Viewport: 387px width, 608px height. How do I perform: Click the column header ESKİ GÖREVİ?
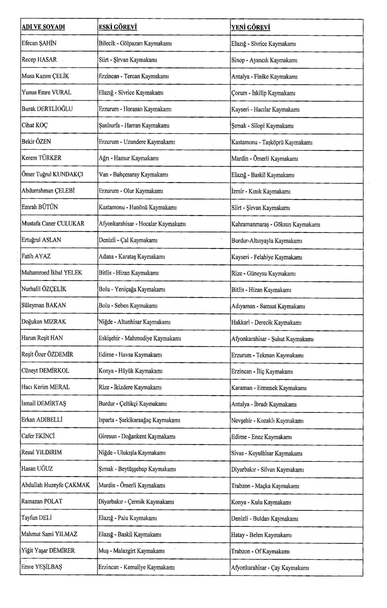(118, 27)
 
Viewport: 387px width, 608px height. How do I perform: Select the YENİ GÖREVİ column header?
(250, 27)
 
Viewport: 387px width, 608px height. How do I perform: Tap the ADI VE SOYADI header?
(43, 27)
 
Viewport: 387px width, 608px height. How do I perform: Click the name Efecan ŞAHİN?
(39, 43)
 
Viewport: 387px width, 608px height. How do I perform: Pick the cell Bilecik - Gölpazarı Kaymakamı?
(135, 44)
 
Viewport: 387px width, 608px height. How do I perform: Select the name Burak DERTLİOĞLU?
(47, 109)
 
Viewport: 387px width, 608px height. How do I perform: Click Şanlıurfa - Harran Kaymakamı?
(134, 126)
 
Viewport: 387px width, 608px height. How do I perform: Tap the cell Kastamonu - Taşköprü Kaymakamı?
(272, 142)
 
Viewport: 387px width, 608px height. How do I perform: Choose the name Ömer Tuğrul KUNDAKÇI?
(52, 174)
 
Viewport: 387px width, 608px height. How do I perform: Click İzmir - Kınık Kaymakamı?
(260, 191)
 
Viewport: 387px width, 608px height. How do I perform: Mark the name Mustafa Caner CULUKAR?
(53, 223)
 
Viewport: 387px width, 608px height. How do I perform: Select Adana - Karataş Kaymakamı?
(132, 256)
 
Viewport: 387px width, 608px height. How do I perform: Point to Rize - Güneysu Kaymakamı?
(263, 273)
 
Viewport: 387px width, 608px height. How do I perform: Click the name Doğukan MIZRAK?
(44, 322)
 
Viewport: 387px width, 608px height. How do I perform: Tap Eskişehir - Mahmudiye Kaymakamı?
(140, 338)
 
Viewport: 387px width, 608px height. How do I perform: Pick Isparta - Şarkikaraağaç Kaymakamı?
(139, 420)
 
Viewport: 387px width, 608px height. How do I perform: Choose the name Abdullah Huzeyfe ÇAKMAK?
(56, 485)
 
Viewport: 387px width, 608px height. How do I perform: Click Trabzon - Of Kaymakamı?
(260, 552)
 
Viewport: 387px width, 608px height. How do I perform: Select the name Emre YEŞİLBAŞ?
(42, 567)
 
